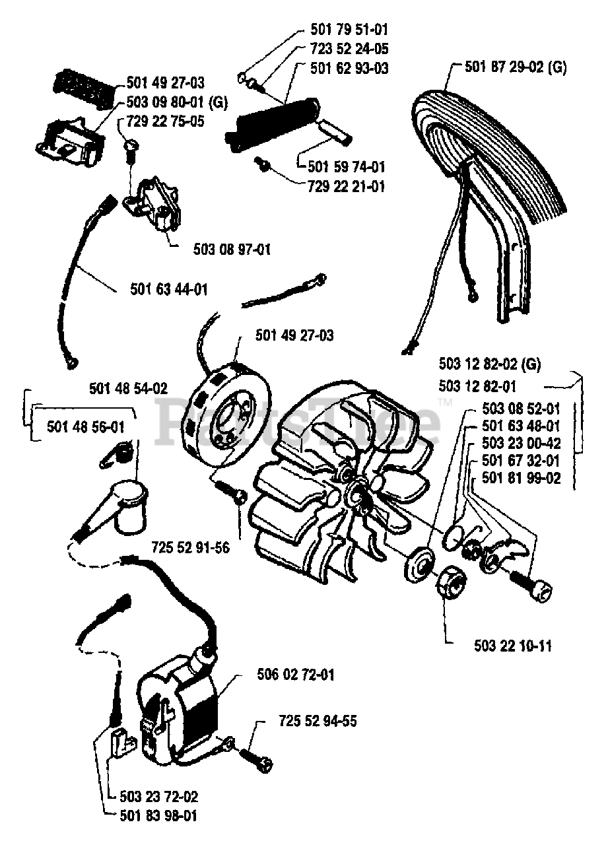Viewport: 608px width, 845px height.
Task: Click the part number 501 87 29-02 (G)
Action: click(x=515, y=67)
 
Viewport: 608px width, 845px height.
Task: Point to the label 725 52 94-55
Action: click(x=318, y=721)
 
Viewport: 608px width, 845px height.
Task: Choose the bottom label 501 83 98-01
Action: click(x=158, y=817)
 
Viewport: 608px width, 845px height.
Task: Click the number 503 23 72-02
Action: click(x=158, y=797)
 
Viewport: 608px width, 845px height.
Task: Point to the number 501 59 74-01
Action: click(x=346, y=166)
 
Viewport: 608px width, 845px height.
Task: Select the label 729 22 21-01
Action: click(x=346, y=187)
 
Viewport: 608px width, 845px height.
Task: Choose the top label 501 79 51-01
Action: click(x=349, y=29)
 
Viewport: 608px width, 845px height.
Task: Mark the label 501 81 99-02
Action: click(x=521, y=479)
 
